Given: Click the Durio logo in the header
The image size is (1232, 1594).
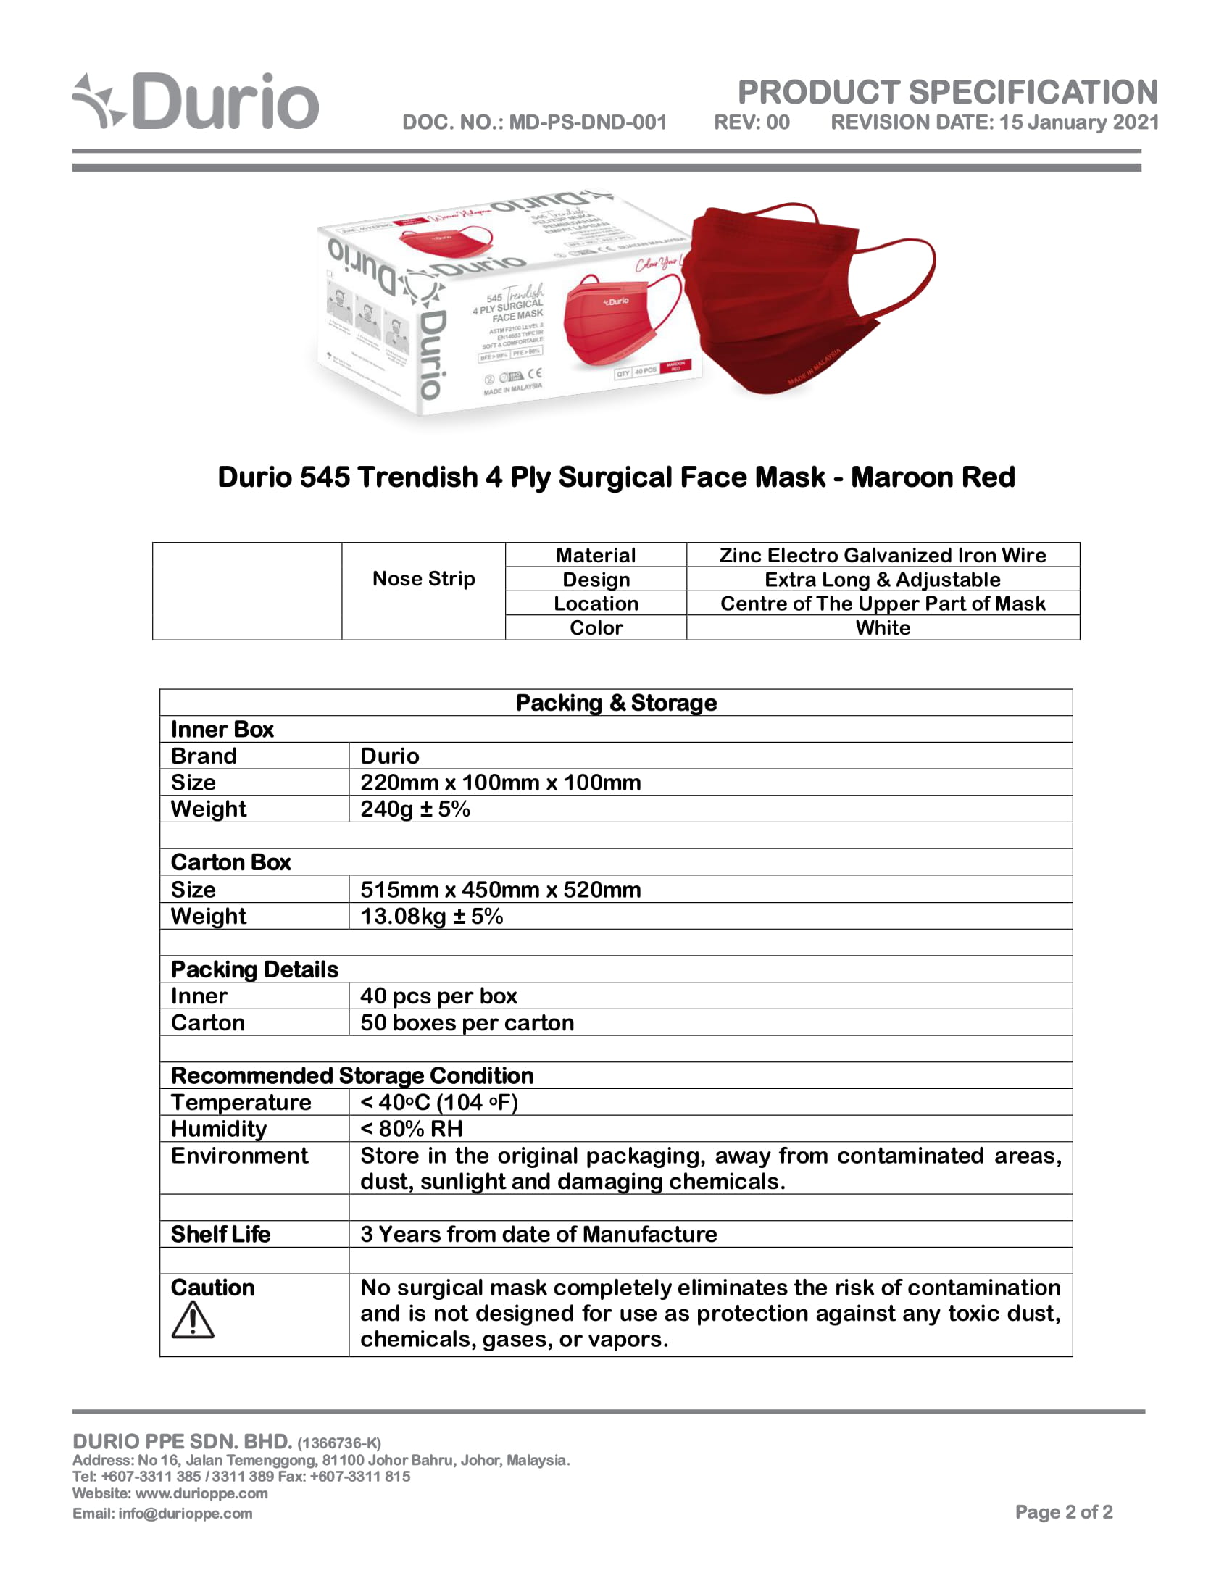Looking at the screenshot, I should pos(196,102).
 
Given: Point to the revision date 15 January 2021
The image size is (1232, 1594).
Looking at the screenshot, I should pos(1079,122).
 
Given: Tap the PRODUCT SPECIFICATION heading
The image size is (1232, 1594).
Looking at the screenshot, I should pos(947,93).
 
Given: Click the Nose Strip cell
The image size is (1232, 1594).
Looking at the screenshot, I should pos(423,579).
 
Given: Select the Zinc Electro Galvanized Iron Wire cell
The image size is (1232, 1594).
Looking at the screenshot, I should pos(883,556).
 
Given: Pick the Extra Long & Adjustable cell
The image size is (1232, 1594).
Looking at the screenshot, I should pos(883,580).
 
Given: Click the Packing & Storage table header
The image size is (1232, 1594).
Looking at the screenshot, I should pos(616,703).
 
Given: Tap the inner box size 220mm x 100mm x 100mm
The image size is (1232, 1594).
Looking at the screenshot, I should pos(501,783).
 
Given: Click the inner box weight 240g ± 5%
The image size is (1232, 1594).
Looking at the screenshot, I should pos(415,809).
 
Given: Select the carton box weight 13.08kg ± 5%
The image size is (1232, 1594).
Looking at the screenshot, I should pos(431,916).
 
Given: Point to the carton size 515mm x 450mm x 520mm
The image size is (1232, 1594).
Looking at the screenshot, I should pos(501,890).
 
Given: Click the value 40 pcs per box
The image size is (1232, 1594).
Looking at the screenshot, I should pos(438,996).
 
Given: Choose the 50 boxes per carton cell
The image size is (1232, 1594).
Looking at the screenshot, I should pos(467,1022).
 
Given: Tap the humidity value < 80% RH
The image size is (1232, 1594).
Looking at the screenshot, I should pos(412,1129).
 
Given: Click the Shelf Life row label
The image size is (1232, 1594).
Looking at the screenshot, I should pos(220,1234).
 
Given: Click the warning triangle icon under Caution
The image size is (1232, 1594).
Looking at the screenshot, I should pos(193,1321).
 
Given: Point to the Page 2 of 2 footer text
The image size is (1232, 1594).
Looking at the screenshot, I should pos(1063,1511).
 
